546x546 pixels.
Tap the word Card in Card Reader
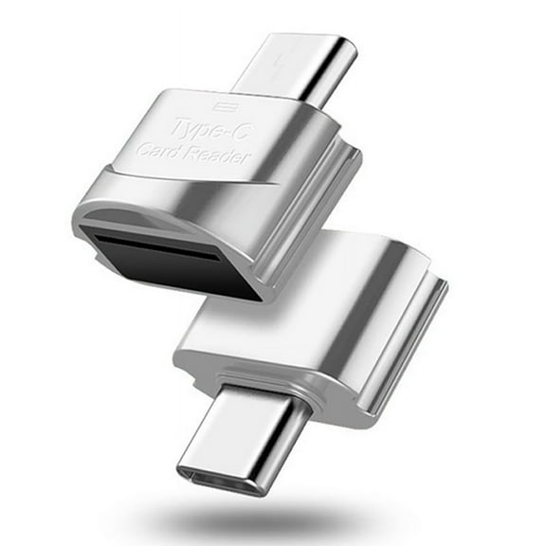(x=161, y=150)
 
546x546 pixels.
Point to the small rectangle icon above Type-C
(x=224, y=107)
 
